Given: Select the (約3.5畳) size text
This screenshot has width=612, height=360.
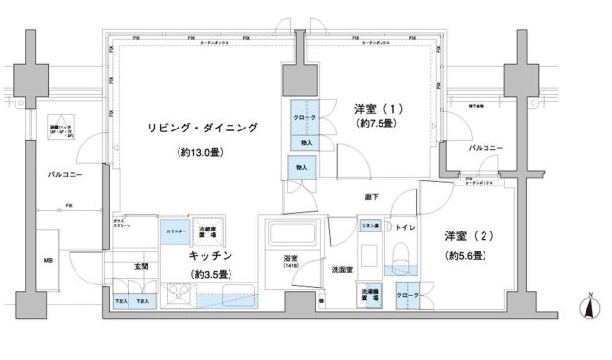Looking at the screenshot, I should pos(210,273).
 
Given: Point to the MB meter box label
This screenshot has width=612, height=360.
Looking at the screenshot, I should pos(46,262).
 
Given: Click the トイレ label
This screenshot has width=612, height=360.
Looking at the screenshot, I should pos(405,229).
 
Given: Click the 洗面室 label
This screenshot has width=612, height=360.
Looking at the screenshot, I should pos(341,269).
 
